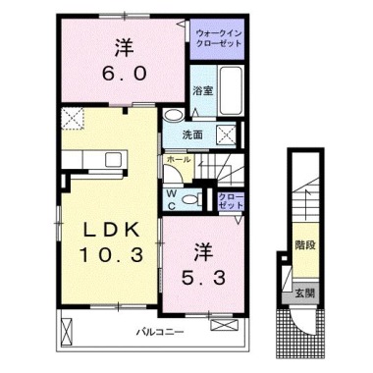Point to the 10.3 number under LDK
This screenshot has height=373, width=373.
point(107,255)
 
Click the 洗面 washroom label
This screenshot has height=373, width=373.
point(192,134)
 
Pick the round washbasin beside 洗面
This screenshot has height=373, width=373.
point(172,115)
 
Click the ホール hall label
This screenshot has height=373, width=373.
point(180,157)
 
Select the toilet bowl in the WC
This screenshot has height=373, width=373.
point(192,197)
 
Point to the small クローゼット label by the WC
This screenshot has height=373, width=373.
point(228,201)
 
